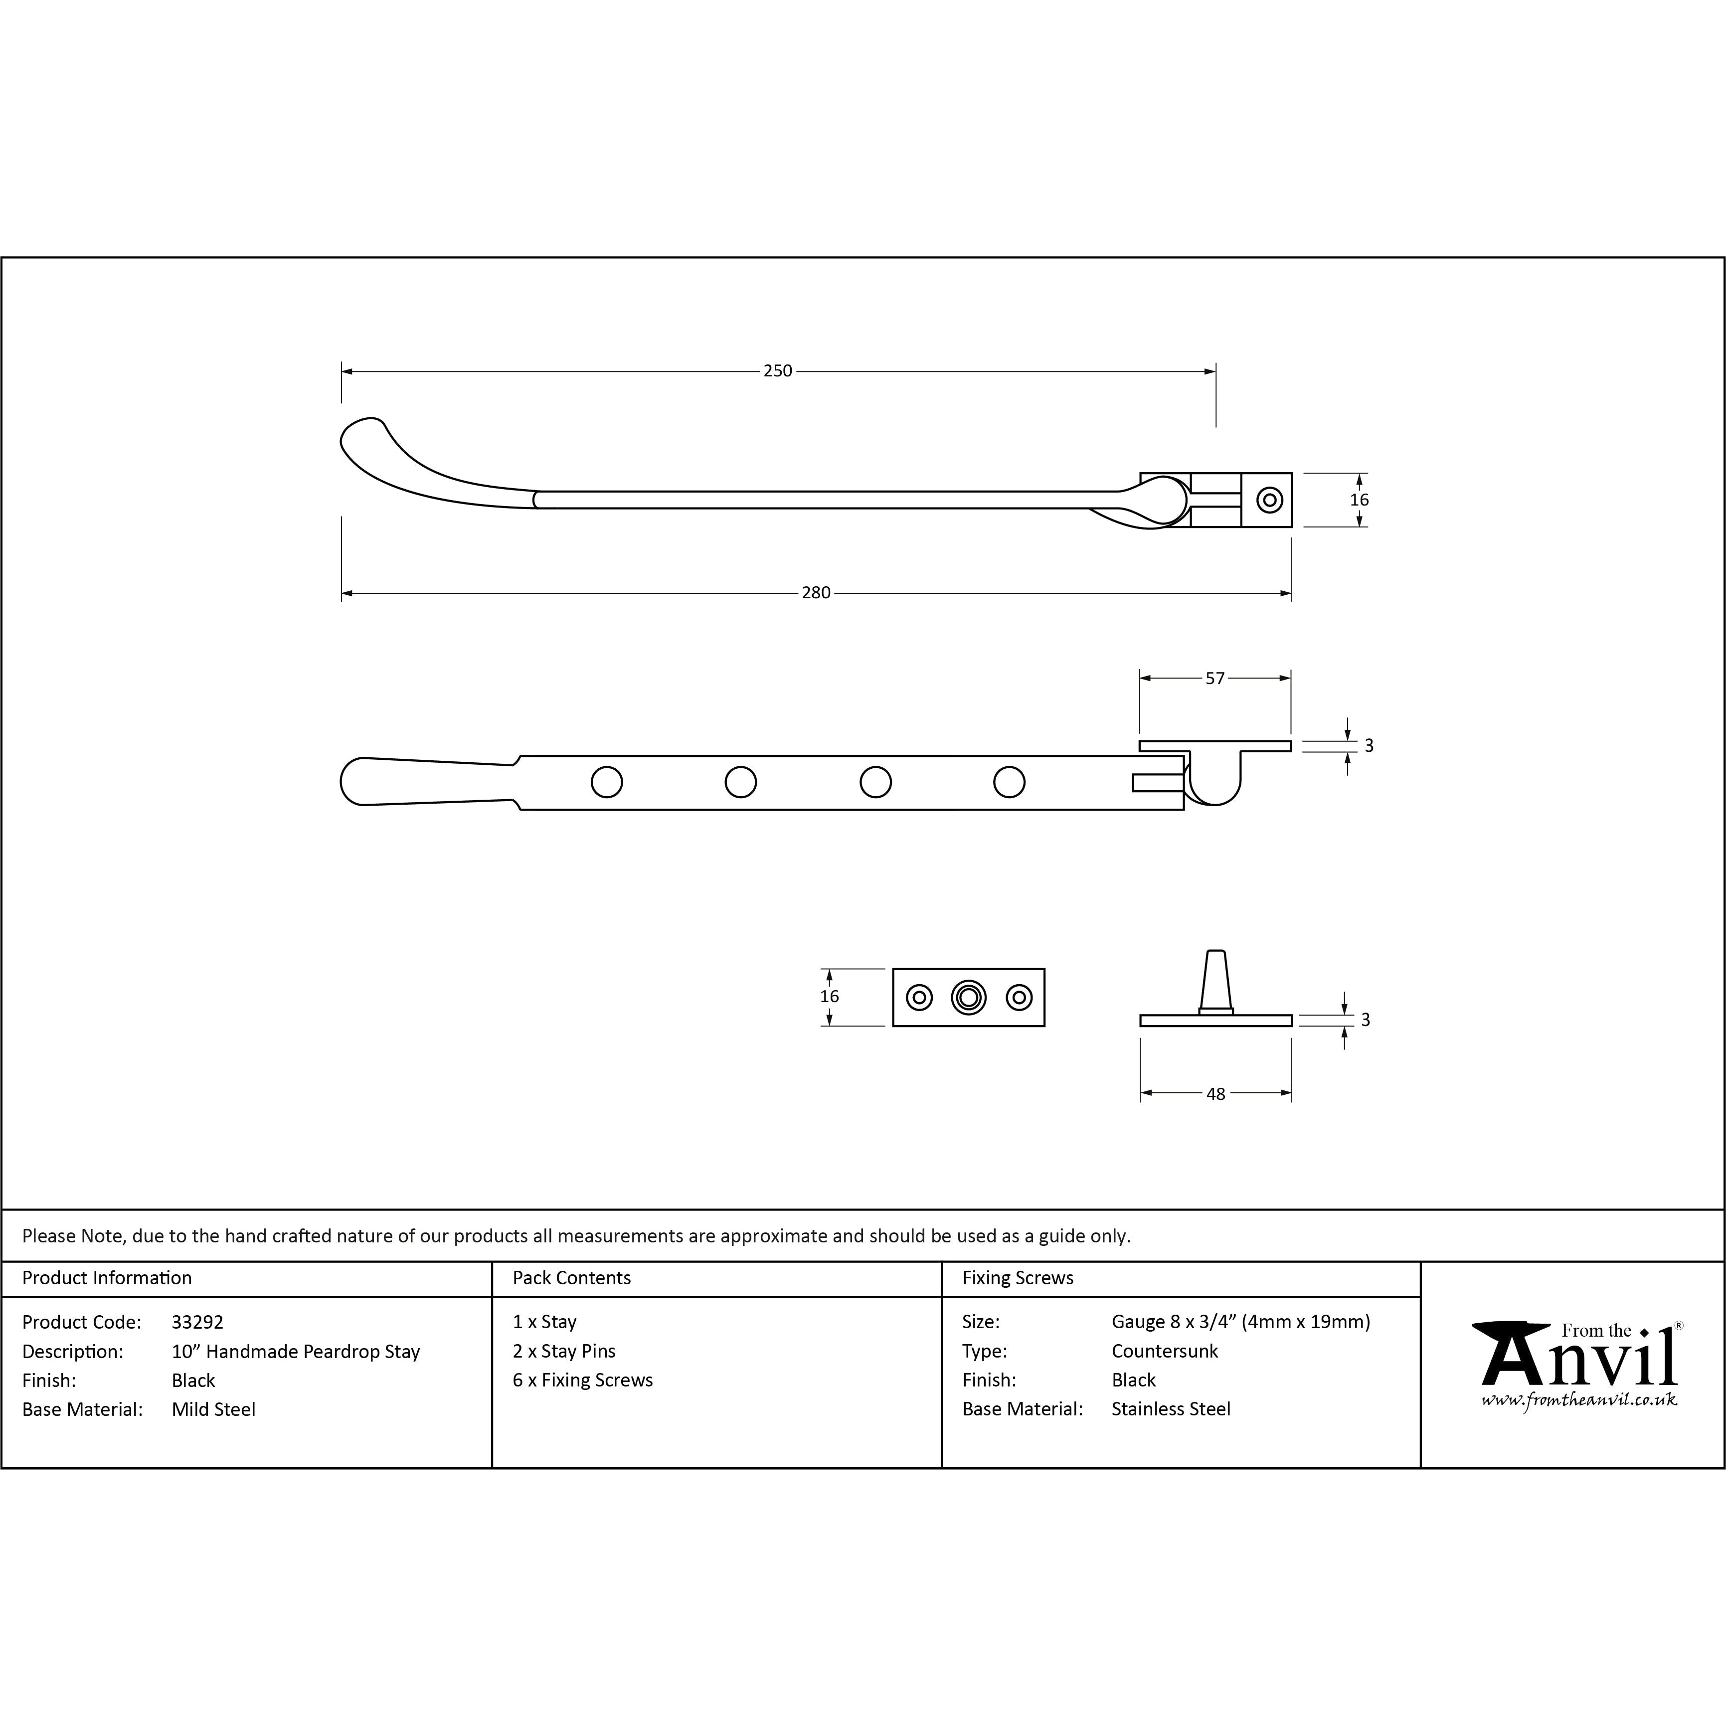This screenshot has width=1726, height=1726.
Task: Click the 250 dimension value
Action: coord(777,371)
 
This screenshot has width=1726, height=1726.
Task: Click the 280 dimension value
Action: coord(816,592)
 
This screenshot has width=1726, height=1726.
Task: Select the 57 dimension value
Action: coord(1215,678)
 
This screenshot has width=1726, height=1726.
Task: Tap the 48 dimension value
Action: coord(1216,1093)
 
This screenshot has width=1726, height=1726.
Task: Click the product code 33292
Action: coord(197,1322)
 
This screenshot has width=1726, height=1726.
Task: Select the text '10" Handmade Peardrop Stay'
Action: coord(296,1352)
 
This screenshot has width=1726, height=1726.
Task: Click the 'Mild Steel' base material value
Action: coord(213,1410)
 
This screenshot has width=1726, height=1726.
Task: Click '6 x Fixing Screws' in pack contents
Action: coord(582,1381)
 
